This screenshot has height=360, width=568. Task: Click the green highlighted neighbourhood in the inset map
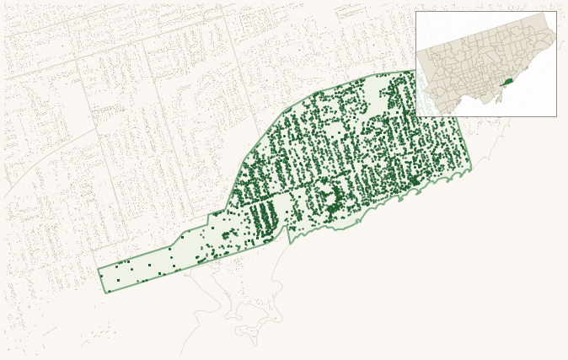point(507,82)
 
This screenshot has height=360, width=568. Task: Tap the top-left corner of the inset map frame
point(415,11)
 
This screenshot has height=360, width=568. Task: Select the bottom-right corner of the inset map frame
point(556,116)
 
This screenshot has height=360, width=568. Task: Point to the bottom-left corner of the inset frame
point(415,116)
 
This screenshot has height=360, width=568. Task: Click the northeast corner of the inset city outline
point(546,13)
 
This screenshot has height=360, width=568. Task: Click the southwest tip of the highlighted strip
point(105,293)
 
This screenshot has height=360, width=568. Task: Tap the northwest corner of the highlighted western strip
point(98,270)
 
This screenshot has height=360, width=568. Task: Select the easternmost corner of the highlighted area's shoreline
point(471,169)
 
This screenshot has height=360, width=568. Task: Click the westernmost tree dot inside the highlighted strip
point(101,276)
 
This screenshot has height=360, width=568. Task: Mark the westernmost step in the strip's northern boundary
point(172,246)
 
